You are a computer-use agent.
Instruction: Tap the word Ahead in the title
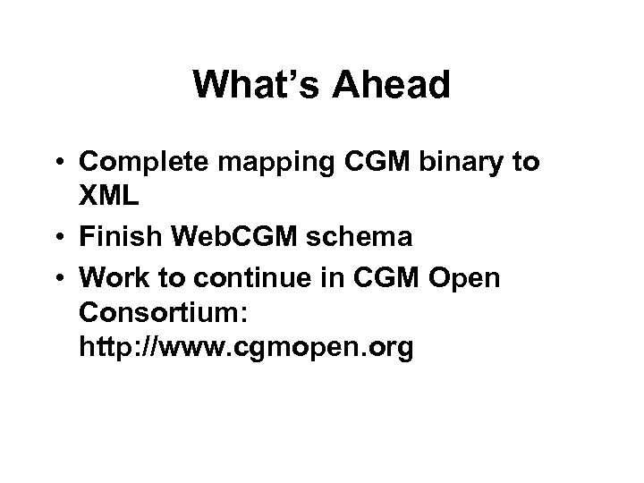tap(394, 87)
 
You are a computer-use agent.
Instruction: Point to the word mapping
tap(280, 163)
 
